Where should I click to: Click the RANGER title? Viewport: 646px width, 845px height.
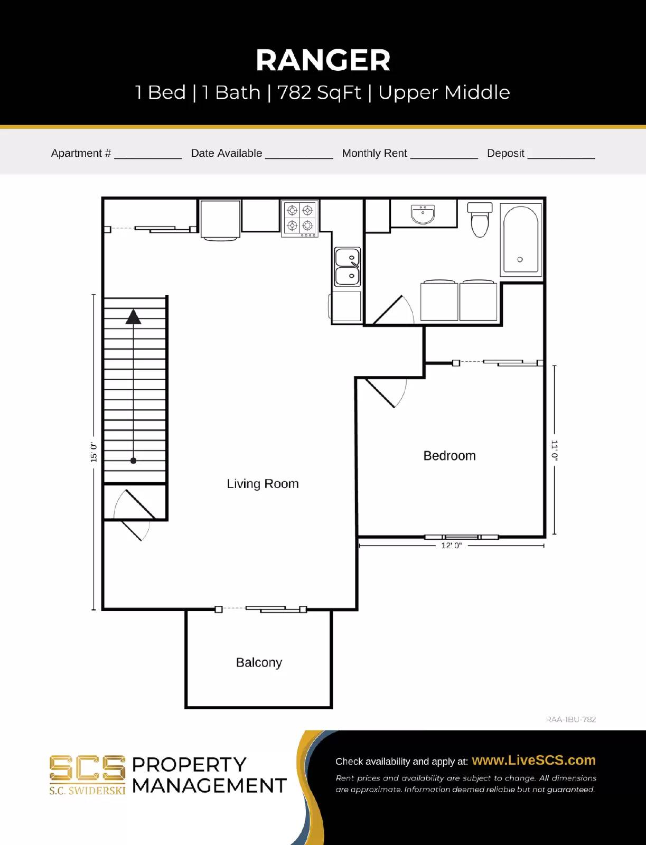coord(323,60)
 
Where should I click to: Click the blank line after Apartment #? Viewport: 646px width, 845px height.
coord(148,157)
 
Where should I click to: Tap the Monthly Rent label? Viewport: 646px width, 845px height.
coord(375,153)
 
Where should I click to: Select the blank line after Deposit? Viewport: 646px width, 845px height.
coord(561,157)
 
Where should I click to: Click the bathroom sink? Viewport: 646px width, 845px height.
coord(423,214)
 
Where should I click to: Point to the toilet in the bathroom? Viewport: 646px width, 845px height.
coord(480,220)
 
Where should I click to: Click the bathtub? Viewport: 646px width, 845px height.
coord(521,239)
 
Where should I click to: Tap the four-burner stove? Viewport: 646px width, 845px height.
coord(299,219)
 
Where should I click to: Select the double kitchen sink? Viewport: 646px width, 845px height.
coord(347,267)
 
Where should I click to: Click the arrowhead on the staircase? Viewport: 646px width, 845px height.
coord(133,317)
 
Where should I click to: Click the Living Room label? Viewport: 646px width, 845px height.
coord(263,484)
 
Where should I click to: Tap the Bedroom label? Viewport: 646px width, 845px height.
coord(450,456)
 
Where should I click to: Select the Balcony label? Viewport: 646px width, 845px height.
coord(259,662)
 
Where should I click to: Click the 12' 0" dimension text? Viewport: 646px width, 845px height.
coord(451,546)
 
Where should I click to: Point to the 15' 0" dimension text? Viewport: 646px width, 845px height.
coord(94,452)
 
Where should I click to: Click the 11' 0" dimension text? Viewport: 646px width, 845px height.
coord(554,450)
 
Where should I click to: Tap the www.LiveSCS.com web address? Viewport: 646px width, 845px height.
coord(533,760)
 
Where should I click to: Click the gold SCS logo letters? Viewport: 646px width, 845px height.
coord(87,768)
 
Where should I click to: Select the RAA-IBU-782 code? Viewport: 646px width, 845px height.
coord(570,719)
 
